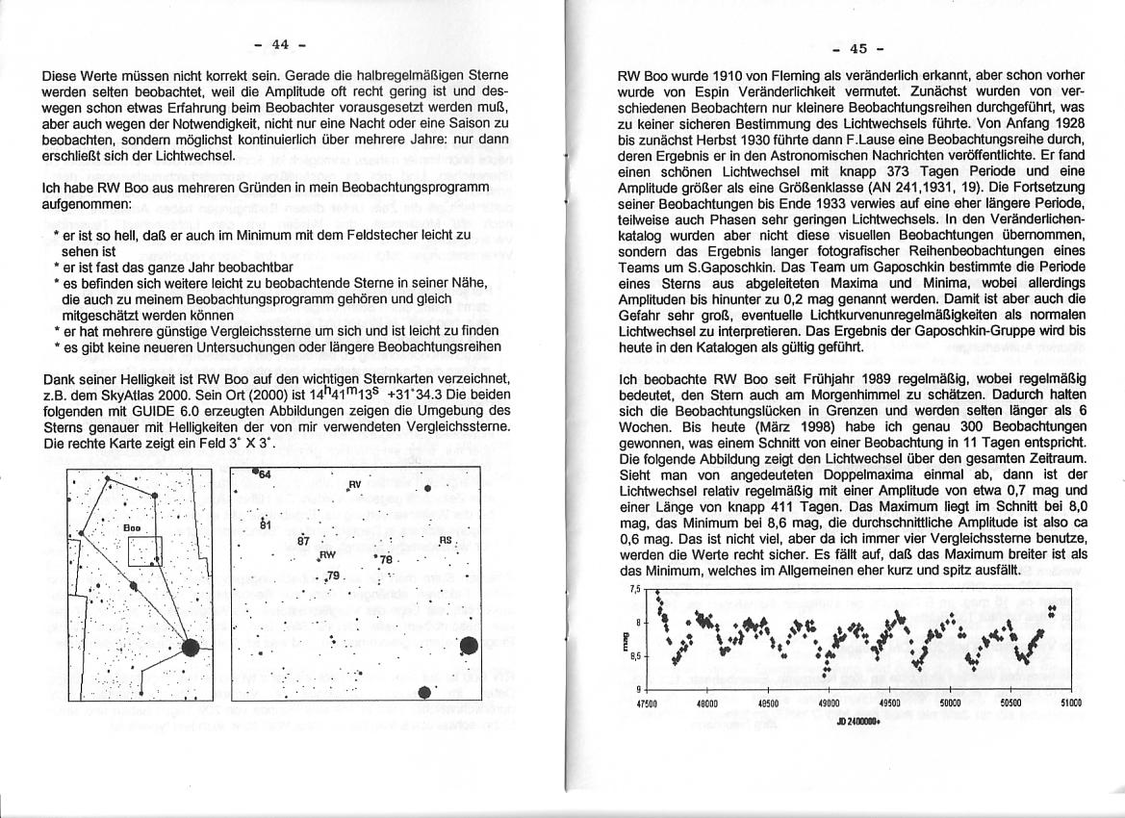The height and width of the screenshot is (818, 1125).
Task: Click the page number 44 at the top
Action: tap(280, 43)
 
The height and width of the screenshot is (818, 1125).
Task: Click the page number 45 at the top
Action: tap(858, 48)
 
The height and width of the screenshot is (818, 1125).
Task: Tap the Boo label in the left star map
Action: tap(133, 528)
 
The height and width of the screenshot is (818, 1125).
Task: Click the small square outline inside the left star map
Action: tap(146, 550)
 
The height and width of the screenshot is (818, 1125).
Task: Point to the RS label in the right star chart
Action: tap(445, 541)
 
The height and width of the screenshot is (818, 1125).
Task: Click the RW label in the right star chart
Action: tap(326, 555)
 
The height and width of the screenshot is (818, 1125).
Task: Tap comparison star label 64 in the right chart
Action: tap(263, 475)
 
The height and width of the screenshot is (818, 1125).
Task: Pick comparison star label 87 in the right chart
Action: tap(303, 541)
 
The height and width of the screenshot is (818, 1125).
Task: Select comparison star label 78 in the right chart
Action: tap(386, 559)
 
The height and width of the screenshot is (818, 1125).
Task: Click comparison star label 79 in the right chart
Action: tap(334, 575)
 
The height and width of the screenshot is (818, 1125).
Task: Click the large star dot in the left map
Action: tap(190, 651)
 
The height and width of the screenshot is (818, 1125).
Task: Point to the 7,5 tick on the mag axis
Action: tap(634, 589)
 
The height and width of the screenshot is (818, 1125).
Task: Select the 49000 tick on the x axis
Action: tap(829, 703)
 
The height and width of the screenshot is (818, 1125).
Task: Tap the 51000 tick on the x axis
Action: tap(1071, 703)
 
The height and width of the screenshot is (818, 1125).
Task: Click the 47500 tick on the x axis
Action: tap(647, 703)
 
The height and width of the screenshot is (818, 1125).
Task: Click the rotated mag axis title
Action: tap(628, 639)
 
